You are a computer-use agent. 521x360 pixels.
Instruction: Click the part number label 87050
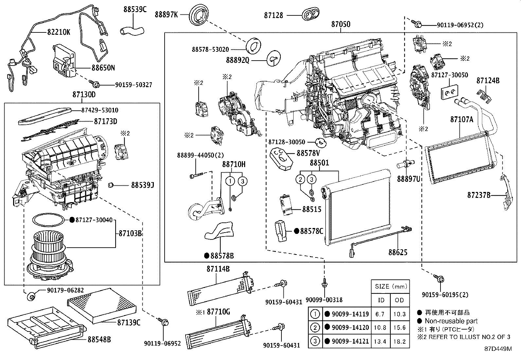[340, 24]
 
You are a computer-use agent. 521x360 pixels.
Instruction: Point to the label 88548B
[99, 339]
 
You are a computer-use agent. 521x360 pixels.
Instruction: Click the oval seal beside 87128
[310, 14]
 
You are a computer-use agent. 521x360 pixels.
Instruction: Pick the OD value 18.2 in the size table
[399, 341]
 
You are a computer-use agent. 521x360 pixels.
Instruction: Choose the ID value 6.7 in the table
[380, 314]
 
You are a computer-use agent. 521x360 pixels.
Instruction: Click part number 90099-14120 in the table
[350, 328]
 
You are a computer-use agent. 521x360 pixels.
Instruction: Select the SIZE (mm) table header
[390, 286]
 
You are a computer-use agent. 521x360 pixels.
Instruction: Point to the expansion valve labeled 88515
[285, 206]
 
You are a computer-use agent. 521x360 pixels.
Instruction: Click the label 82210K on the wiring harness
[59, 32]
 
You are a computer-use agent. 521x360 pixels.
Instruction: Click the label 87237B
[478, 195]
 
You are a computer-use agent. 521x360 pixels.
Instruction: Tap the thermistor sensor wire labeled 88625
[380, 237]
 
